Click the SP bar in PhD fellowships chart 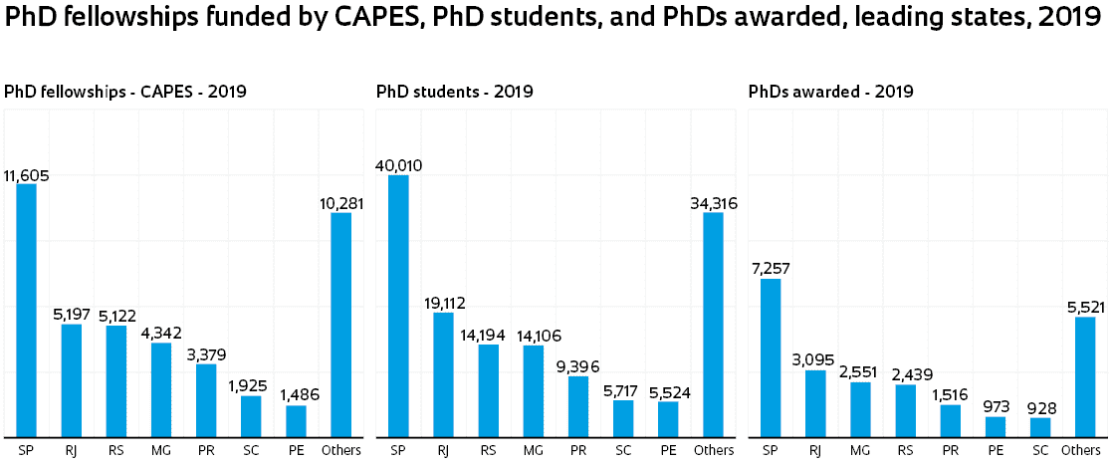click(26, 310)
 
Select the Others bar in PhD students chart click(713, 324)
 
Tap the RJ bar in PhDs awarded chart click(815, 403)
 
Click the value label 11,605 click(26, 176)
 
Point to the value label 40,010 click(398, 165)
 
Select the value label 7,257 click(770, 270)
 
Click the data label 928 click(1039, 408)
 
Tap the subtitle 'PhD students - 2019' click(455, 92)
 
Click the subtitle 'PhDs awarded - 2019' click(830, 92)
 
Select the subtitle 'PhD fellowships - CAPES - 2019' click(125, 92)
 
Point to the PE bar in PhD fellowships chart click(296, 420)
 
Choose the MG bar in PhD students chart click(533, 390)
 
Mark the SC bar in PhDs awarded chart click(1039, 426)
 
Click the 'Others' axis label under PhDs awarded click(1081, 451)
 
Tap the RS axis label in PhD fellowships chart click(116, 451)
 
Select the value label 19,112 click(443, 304)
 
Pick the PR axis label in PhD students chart click(577, 451)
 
